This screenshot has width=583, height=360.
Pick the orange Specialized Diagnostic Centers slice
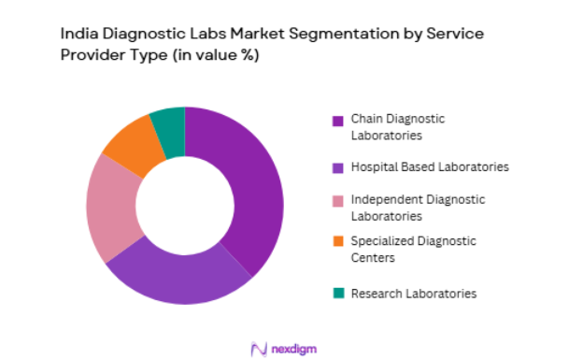tap(130, 145)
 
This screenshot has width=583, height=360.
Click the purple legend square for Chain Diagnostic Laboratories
tap(338, 120)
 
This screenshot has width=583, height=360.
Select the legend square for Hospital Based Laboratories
tap(338, 167)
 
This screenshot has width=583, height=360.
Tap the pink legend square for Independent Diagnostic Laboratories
tap(338, 200)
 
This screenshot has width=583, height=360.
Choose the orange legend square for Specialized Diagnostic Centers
tap(338, 241)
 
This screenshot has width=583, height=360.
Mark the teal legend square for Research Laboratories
tap(338, 294)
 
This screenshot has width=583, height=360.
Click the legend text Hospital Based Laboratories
tap(430, 166)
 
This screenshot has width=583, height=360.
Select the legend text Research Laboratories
tap(413, 294)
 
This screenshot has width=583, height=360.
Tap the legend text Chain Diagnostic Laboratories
tap(397, 126)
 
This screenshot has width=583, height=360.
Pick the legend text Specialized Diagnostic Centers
tap(413, 249)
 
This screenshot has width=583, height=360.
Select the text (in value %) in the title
tap(211, 55)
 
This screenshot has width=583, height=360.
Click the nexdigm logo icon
tap(260, 348)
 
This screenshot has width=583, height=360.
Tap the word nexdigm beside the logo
tap(296, 349)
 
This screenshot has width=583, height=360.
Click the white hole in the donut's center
tap(185, 206)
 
